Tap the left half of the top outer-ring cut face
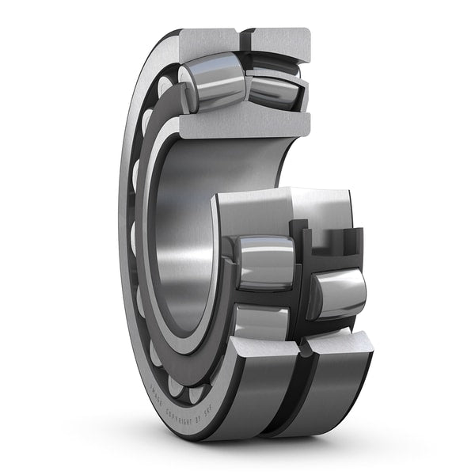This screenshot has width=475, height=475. point(207,40)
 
